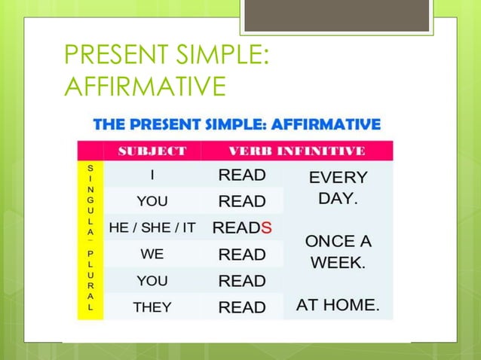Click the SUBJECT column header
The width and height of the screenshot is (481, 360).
click(x=152, y=151)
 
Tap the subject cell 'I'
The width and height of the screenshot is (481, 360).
click(x=152, y=175)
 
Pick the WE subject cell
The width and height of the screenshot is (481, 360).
click(x=152, y=255)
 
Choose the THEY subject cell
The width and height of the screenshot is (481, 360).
click(x=152, y=307)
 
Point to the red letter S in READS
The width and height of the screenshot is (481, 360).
click(x=267, y=227)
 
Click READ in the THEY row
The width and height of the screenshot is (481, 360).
click(x=242, y=307)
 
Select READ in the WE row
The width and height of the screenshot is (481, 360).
click(x=242, y=255)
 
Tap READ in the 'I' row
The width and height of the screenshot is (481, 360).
click(x=242, y=175)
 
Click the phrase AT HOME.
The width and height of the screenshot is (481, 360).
click(x=338, y=305)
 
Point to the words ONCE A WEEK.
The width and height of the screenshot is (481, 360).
click(x=338, y=252)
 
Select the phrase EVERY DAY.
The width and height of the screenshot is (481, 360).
click(x=338, y=188)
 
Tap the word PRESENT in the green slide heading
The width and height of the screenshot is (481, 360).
click(x=114, y=56)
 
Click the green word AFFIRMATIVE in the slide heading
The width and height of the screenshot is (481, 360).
click(x=146, y=86)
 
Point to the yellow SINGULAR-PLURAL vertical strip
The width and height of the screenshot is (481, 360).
click(x=90, y=237)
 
